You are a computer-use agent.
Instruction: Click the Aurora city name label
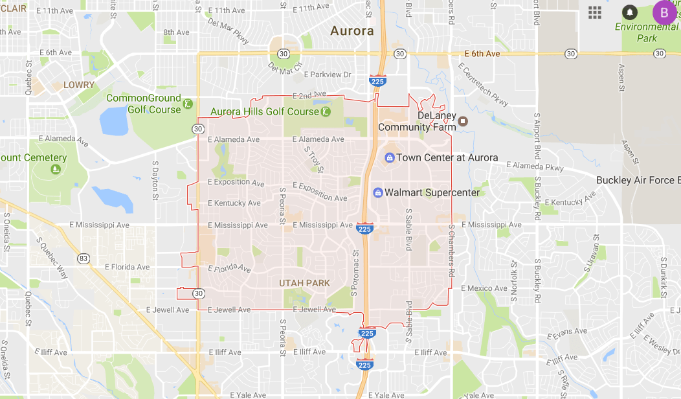pos(352,30)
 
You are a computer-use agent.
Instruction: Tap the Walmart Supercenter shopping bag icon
pos(378,192)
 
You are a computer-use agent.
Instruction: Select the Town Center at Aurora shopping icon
pos(390,157)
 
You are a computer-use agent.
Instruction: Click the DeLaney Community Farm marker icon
pos(462,120)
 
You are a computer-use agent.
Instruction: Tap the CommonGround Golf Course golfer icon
pos(188,104)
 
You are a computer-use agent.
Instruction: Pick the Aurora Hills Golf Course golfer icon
pos(326,111)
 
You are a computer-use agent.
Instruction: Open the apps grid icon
pos(594,12)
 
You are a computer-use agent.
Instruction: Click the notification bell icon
pos(629,12)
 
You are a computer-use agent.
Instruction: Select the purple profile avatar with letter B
pos(664,12)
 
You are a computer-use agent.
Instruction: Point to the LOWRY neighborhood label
pos(79,85)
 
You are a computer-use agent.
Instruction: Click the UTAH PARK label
pos(304,283)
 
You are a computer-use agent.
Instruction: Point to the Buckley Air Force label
pos(638,180)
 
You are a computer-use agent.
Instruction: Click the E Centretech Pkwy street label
pos(482,84)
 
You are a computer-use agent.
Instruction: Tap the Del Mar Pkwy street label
pos(228,27)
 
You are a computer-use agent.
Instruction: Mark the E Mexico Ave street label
pos(484,288)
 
